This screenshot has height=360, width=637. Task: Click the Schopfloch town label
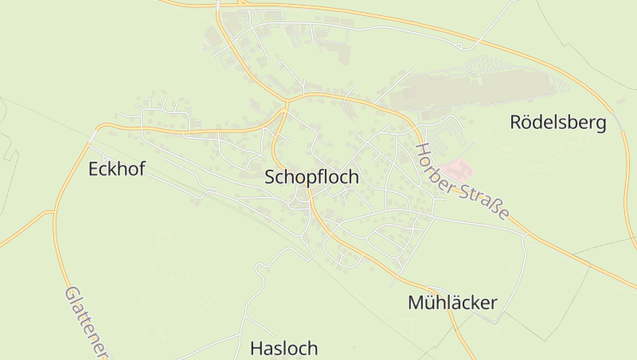point(311,178)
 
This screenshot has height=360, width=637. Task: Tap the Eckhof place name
point(117,169)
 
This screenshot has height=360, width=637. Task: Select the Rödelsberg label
point(557,123)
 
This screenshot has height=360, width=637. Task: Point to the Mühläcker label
point(452,303)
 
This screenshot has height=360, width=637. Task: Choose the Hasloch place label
point(283,348)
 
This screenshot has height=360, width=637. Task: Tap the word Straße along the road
point(487,202)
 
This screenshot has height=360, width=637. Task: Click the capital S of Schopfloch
point(271,178)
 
